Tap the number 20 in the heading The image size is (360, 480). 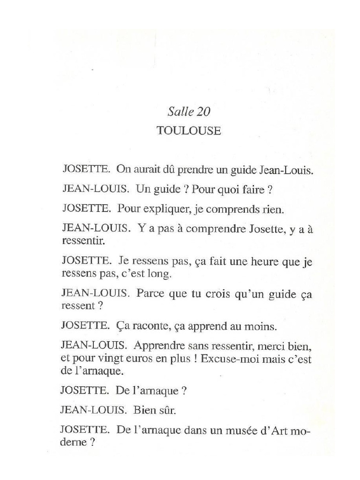pyautogui.click(x=203, y=112)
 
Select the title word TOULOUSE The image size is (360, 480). pyautogui.click(x=188, y=131)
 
